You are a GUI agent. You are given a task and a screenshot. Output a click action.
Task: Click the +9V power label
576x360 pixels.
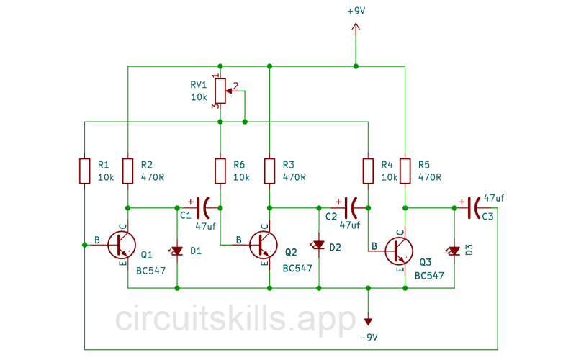point(355,12)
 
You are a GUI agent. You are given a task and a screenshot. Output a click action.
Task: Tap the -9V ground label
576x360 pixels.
point(368,337)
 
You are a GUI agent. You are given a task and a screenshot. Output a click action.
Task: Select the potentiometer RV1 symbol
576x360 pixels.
point(221,91)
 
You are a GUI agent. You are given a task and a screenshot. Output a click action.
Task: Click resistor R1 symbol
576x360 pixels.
point(85,171)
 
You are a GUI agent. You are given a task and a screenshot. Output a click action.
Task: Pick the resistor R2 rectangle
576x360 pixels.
point(127,171)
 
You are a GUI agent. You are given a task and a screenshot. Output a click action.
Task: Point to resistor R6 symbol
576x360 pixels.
point(221,171)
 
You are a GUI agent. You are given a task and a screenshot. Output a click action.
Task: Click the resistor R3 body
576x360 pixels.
point(269,171)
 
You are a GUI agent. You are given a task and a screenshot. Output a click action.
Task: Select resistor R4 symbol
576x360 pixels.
point(368,171)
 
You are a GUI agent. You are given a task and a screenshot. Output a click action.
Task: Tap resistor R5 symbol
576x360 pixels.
point(405,171)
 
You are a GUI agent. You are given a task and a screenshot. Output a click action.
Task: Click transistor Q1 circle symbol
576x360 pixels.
point(121,245)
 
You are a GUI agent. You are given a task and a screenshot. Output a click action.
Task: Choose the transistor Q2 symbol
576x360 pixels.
point(263,245)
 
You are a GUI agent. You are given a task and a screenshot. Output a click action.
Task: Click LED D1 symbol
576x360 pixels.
point(177,251)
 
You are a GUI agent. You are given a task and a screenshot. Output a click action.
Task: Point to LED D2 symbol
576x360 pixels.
point(318,246)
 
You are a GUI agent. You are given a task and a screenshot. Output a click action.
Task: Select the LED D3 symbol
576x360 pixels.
point(454,251)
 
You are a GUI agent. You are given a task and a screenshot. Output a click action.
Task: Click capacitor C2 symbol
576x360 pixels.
point(349,207)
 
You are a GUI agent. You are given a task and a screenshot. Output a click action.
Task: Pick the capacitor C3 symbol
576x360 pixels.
point(474,207)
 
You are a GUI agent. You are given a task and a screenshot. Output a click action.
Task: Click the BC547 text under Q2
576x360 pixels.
point(297,268)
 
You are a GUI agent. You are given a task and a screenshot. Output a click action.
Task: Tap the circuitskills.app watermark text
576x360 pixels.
point(235,318)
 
